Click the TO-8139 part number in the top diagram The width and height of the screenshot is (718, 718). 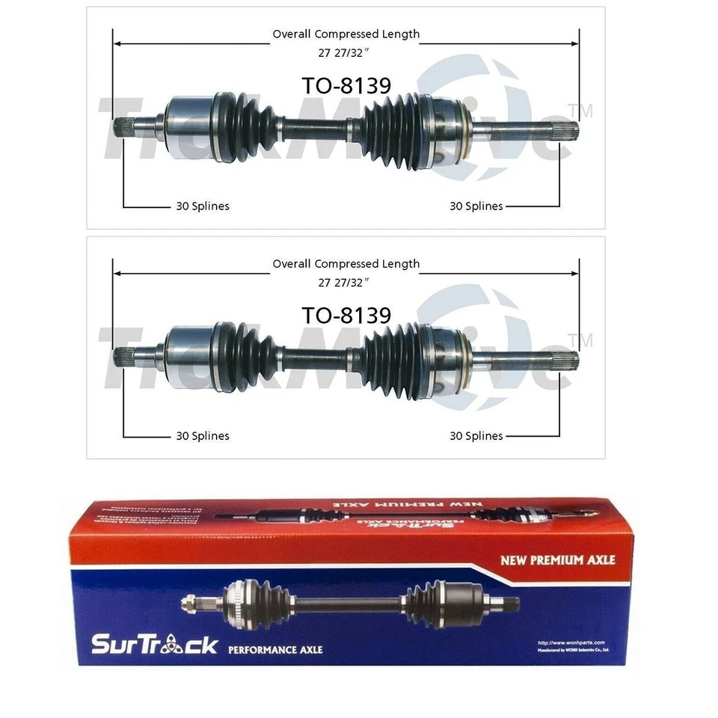click(x=346, y=86)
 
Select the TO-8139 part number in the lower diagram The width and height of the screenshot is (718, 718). click(x=346, y=316)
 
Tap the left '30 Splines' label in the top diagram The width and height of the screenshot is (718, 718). click(x=203, y=206)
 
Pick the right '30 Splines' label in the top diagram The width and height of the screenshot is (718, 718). click(x=476, y=206)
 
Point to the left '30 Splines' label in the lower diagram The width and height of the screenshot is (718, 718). click(x=203, y=436)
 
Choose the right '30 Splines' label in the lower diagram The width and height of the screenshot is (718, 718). click(x=476, y=436)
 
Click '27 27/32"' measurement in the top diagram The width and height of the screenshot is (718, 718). click(x=345, y=52)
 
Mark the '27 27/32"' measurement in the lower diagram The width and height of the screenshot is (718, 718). click(x=345, y=282)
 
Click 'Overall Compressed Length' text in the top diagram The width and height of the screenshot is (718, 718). click(x=346, y=34)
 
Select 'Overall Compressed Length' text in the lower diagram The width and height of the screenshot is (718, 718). click(x=346, y=264)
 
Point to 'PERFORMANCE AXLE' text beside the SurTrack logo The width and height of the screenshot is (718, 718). click(x=275, y=649)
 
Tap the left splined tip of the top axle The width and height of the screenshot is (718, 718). click(x=123, y=128)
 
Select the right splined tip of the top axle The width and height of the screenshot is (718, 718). click(x=566, y=132)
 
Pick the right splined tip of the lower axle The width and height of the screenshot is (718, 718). click(x=566, y=361)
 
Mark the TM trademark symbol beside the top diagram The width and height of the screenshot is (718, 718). click(x=585, y=111)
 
